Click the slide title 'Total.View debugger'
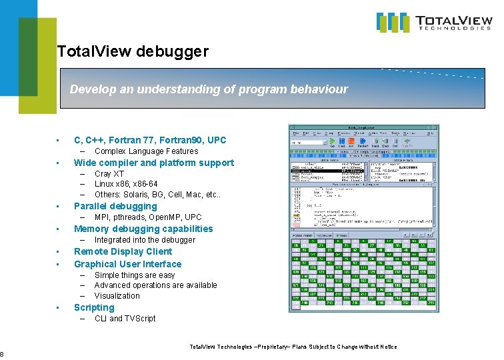click(133, 51)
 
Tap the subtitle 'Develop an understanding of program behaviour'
click(209, 89)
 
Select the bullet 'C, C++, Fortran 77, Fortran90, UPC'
click(150, 140)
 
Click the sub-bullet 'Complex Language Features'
click(146, 151)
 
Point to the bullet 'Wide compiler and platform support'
click(154, 163)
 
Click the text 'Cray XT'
click(109, 174)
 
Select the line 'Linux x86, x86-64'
click(126, 184)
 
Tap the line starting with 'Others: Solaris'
click(147, 195)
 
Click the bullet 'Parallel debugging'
click(115, 206)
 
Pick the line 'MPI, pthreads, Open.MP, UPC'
click(148, 217)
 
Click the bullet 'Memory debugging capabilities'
click(143, 229)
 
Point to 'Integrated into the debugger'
click(145, 240)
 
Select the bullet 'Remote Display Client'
click(123, 251)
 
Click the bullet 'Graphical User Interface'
click(127, 264)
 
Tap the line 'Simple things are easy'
click(135, 275)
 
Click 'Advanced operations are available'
click(155, 285)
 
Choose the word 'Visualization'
click(117, 296)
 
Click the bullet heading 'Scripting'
click(94, 307)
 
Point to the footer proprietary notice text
click(293, 347)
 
